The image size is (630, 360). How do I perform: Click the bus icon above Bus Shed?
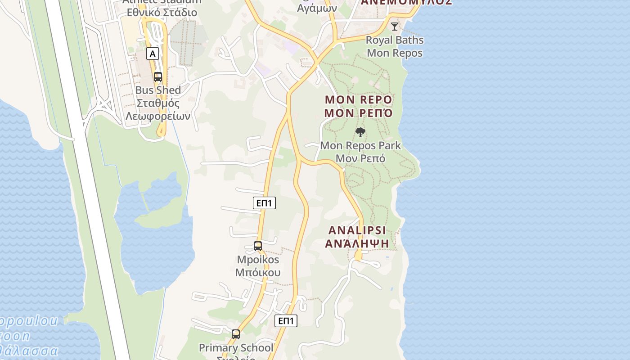click(158, 76)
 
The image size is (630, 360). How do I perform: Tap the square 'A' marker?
click(153, 54)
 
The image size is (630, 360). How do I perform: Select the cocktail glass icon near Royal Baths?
click(395, 27)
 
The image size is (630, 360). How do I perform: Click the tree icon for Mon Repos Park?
click(360, 132)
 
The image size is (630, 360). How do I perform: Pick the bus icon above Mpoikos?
click(258, 246)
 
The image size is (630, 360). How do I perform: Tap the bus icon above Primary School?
click(236, 334)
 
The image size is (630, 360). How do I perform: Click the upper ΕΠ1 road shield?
click(264, 203)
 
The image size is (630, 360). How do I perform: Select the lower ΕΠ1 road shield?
click(286, 321)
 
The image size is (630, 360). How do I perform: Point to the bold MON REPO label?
click(359, 99)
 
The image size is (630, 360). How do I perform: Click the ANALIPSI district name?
click(357, 230)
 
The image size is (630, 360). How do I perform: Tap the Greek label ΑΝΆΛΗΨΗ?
click(357, 243)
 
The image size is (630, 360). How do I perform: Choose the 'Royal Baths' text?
click(395, 40)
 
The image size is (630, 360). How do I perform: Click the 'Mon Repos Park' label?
click(360, 145)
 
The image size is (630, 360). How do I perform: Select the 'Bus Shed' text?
click(158, 90)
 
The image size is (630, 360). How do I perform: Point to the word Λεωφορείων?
click(158, 116)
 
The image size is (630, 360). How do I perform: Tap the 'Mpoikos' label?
click(258, 260)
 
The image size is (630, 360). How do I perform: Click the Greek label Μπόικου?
click(258, 273)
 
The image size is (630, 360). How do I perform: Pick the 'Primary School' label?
click(236, 348)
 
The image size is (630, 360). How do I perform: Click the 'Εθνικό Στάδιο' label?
click(162, 12)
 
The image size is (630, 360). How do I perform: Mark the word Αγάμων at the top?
click(317, 8)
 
